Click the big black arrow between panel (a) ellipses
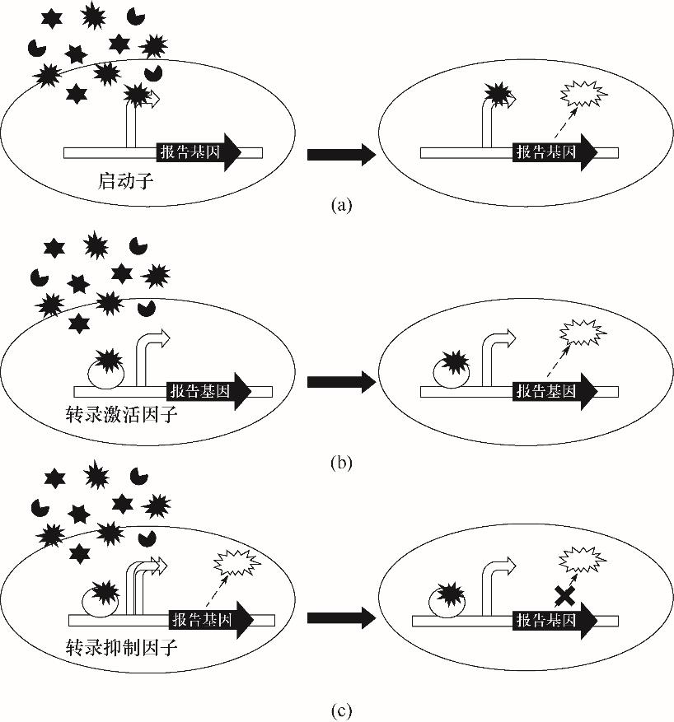pos(339,153)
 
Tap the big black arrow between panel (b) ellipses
pos(339,382)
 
